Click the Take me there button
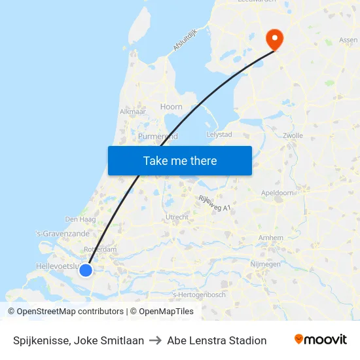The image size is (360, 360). pyautogui.click(x=180, y=160)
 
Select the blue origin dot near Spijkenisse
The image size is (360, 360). pyautogui.click(x=86, y=270)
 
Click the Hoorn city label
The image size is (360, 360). pyautogui.click(x=171, y=107)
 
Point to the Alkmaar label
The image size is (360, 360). pyautogui.click(x=132, y=111)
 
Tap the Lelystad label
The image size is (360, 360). pyautogui.click(x=219, y=134)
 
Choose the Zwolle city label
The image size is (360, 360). pyautogui.click(x=294, y=135)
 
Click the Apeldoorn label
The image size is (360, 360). pyautogui.click(x=277, y=194)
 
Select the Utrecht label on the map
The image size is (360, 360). pyautogui.click(x=177, y=217)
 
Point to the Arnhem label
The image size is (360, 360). pyautogui.click(x=271, y=238)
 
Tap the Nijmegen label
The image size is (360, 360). pyautogui.click(x=265, y=264)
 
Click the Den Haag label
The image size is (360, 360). pyautogui.click(x=81, y=219)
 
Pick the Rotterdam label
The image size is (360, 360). pyautogui.click(x=100, y=249)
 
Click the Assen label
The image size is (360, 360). pyautogui.click(x=348, y=40)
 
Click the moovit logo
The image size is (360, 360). pyautogui.click(x=321, y=340)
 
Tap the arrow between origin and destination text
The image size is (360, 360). pyautogui.click(x=156, y=340)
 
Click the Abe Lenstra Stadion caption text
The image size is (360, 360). pyautogui.click(x=217, y=340)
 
